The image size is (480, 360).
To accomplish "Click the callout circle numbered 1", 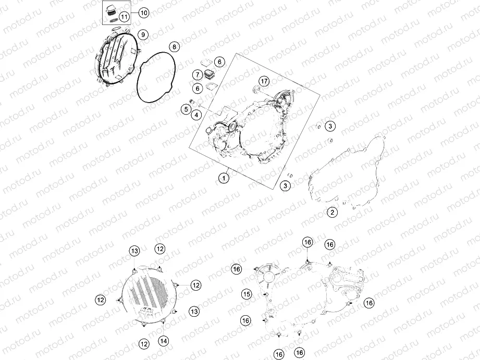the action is pyautogui.click(x=224, y=178).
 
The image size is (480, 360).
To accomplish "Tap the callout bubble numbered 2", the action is pyautogui.click(x=333, y=212).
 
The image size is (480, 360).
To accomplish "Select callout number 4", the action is pyautogui.click(x=196, y=115).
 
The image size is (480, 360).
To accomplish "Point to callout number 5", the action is pyautogui.click(x=186, y=109).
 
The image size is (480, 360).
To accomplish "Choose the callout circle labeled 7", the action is pyautogui.click(x=198, y=75).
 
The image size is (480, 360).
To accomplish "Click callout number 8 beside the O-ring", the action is pyautogui.click(x=174, y=47).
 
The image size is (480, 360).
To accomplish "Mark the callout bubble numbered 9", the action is pyautogui.click(x=143, y=34).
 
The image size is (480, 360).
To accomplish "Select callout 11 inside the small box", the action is pyautogui.click(x=124, y=17).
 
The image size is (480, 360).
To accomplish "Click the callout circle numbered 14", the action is pyautogui.click(x=164, y=341).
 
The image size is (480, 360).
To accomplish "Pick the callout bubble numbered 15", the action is pyautogui.click(x=247, y=294).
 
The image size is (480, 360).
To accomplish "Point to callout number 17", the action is pyautogui.click(x=264, y=81).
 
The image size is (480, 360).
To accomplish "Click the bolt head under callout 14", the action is pyautogui.click(x=163, y=321).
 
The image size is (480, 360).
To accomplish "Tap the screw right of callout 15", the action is pyautogui.click(x=265, y=294).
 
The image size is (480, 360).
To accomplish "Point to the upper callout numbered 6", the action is pyautogui.click(x=219, y=62).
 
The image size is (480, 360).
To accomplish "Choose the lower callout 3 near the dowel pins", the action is pyautogui.click(x=285, y=185).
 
